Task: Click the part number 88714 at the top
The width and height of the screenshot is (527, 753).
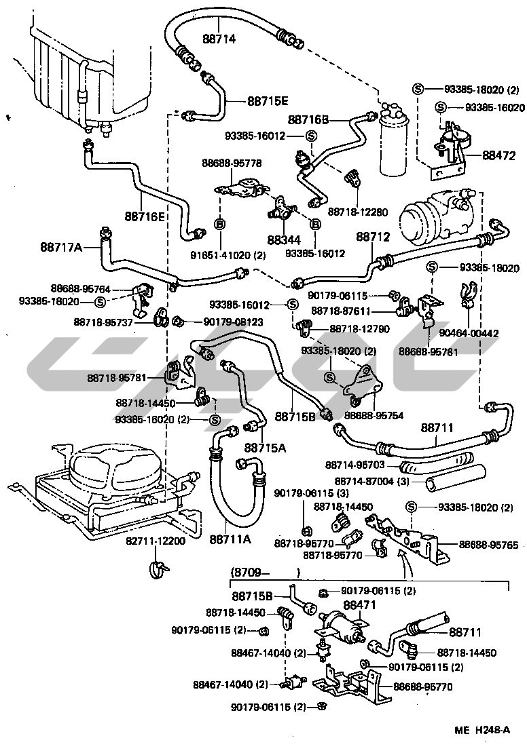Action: pos(219,39)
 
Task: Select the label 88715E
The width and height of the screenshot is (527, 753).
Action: pos(268,101)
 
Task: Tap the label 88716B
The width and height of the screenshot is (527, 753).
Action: pos(308,119)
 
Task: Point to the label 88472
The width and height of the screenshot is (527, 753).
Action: pos(500,156)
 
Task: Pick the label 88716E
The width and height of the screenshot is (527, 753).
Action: pos(145,216)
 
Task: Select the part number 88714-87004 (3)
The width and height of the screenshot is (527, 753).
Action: pos(367,480)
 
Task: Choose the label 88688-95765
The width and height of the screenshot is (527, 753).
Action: pos(488,544)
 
